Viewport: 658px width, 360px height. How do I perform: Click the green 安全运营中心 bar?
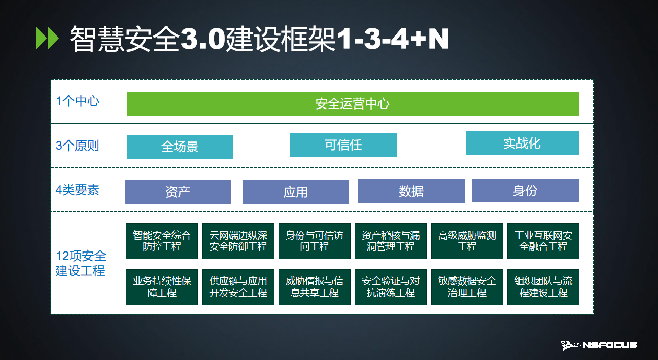[353, 103]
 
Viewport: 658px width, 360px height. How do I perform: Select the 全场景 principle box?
[180, 147]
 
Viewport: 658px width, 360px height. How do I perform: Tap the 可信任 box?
[343, 145]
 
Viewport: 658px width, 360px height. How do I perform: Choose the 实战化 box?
[522, 143]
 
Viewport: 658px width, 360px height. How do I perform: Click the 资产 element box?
[178, 192]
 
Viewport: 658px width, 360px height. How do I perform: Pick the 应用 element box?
[296, 192]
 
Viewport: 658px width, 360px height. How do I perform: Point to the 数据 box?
[411, 191]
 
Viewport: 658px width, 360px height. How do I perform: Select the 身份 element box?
[525, 190]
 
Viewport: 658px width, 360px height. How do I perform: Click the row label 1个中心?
[78, 101]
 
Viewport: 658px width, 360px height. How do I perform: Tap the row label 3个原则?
[78, 146]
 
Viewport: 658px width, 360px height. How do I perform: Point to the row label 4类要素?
[78, 190]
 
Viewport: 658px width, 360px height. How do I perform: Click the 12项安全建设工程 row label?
[81, 263]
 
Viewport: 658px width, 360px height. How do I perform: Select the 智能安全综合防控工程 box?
[162, 241]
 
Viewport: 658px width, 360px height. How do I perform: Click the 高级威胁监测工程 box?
[467, 241]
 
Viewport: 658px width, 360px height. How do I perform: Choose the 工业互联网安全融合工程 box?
[543, 241]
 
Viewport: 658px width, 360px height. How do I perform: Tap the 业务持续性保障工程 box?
[162, 287]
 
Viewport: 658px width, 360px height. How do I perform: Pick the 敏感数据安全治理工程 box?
[467, 287]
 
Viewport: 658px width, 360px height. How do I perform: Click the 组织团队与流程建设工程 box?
[543, 287]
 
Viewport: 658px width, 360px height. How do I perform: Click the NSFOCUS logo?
[599, 345]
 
